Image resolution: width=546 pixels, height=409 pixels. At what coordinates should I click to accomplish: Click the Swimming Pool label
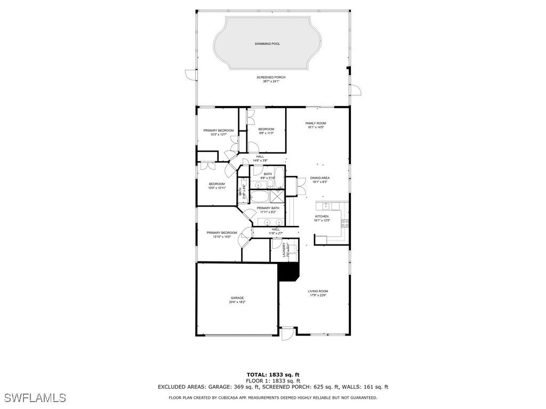tap(267, 44)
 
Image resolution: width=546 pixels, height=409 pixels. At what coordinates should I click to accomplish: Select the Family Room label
tap(316, 123)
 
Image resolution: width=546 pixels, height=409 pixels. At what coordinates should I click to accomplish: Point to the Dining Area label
tap(320, 178)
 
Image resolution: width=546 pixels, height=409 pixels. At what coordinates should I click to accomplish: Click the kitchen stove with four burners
tap(345, 223)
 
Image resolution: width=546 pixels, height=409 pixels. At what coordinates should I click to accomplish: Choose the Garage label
tap(237, 298)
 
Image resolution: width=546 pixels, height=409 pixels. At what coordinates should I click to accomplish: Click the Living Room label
tap(318, 291)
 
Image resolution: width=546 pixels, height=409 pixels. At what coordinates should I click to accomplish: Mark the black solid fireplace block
tap(288, 272)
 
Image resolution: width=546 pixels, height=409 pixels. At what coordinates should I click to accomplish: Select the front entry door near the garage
tap(287, 333)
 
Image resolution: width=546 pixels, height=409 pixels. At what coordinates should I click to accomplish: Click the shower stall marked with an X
tap(277, 196)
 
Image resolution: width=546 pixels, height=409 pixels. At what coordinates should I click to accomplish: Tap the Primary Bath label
tap(268, 208)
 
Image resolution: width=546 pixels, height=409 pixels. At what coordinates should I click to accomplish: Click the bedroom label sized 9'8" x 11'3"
tap(266, 129)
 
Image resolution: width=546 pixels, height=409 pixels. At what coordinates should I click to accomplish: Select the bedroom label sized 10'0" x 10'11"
tap(216, 184)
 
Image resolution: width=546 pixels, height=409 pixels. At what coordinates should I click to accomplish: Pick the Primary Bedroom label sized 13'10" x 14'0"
tap(222, 233)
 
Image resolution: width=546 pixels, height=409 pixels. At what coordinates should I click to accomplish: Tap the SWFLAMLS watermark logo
tap(35, 398)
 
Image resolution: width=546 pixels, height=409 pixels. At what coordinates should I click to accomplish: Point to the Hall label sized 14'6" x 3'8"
tap(260, 157)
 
